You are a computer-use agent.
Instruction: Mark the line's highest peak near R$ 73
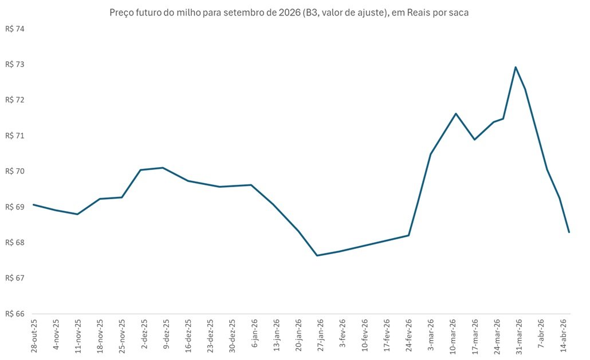tap(516, 67)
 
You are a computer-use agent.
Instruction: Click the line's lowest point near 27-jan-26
tap(317, 255)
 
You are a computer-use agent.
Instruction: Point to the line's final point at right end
tap(569, 232)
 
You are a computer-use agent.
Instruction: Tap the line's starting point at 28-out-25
tap(33, 204)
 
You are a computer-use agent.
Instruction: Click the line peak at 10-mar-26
tap(456, 113)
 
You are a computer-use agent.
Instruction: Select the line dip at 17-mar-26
tap(474, 140)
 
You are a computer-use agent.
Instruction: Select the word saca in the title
tap(459, 13)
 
